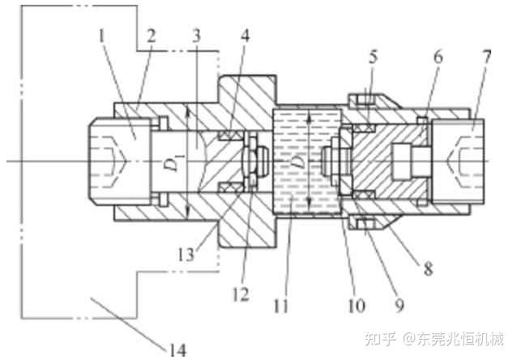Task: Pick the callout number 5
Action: pyautogui.click(x=373, y=58)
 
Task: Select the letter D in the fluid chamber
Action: pyautogui.click(x=298, y=162)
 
